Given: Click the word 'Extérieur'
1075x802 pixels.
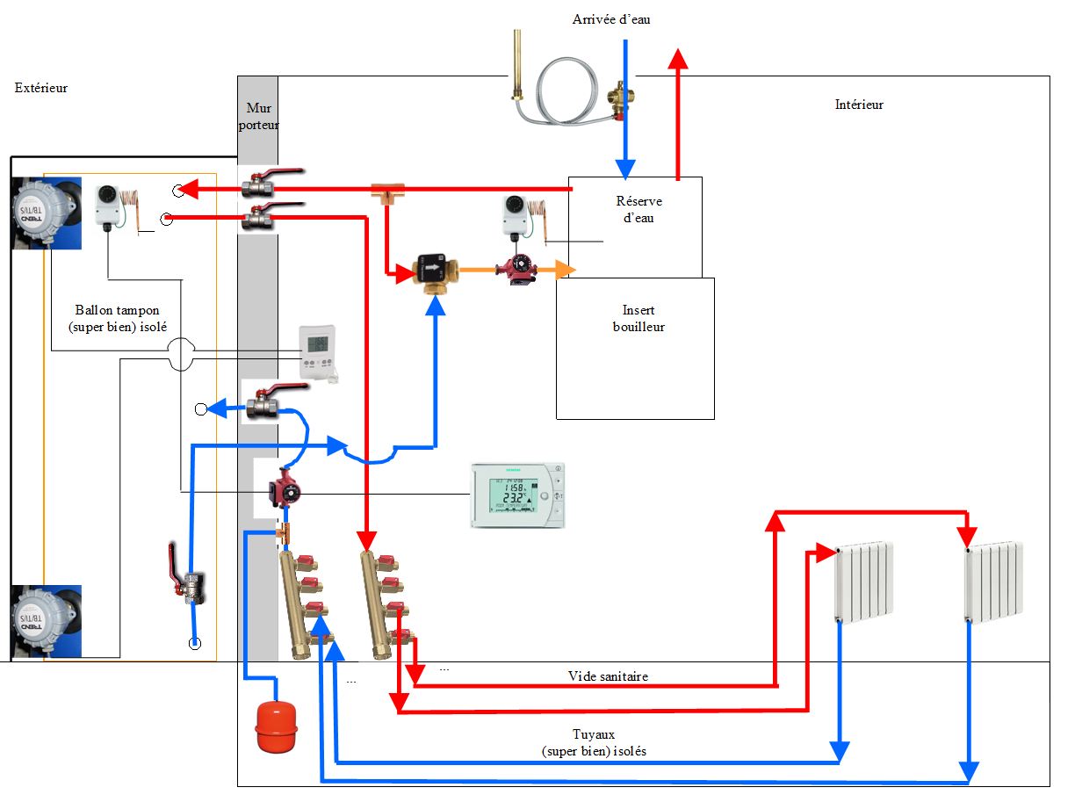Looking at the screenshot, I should click(x=41, y=88).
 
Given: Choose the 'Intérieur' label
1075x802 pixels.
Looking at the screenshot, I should click(x=858, y=105).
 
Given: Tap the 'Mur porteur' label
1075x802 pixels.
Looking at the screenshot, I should click(x=258, y=116).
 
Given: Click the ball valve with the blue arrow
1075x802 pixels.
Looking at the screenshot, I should click(x=262, y=406).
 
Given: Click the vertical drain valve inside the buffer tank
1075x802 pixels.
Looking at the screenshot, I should click(x=186, y=580).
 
